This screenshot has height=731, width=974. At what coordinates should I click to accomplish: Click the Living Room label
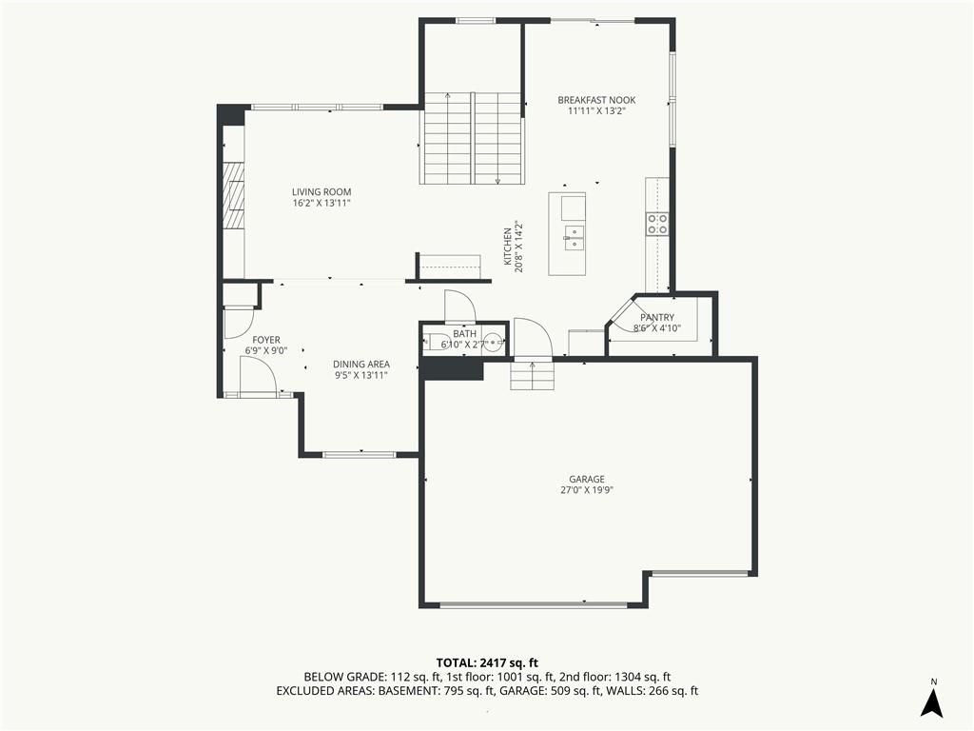(x=321, y=192)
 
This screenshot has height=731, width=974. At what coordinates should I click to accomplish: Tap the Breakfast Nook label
(x=596, y=100)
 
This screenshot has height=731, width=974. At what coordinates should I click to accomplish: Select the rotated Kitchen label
(x=508, y=247)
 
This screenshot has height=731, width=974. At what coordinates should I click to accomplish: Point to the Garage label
(x=586, y=480)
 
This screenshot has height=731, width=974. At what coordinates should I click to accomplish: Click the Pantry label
(x=657, y=318)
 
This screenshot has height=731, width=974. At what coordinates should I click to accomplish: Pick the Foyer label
(x=266, y=340)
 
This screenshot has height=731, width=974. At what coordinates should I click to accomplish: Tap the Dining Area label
(x=361, y=365)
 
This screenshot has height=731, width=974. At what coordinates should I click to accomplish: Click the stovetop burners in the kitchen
(x=657, y=224)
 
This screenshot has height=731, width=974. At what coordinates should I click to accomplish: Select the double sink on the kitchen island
(x=575, y=237)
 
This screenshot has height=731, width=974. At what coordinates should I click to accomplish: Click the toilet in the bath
(x=434, y=342)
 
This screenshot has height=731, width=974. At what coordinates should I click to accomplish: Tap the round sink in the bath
(x=494, y=342)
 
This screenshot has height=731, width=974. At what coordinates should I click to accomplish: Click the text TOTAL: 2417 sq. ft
(x=486, y=662)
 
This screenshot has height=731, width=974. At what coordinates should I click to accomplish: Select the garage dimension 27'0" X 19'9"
(x=587, y=490)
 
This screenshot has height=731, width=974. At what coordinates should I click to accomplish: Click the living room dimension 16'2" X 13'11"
(x=321, y=204)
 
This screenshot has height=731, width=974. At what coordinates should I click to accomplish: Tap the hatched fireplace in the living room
(x=234, y=196)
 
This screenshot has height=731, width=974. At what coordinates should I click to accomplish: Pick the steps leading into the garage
(x=532, y=375)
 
